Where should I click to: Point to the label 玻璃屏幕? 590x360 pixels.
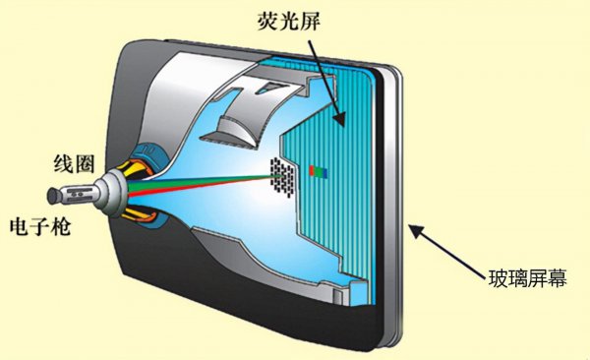[x=528, y=276]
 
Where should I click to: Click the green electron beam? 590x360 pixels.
[x=197, y=178]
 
